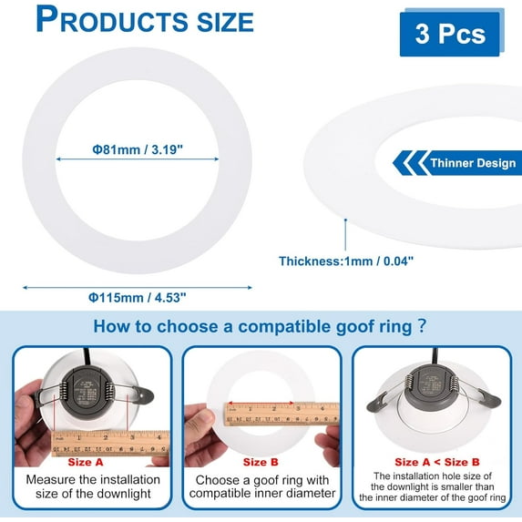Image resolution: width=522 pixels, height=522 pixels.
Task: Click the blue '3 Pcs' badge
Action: pos(449,35)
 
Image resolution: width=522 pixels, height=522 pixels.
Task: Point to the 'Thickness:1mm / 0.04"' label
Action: pos(346,261)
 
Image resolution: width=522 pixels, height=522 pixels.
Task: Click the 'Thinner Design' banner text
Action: pos(466,164)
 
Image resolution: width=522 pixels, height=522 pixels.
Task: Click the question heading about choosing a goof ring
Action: pos(261,326)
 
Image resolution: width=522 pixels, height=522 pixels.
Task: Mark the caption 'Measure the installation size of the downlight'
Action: pos(93,486)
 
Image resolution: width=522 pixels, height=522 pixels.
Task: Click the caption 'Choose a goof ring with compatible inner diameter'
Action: pos(261,486)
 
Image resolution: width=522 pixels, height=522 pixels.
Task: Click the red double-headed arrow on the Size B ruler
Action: pos(261,403)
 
